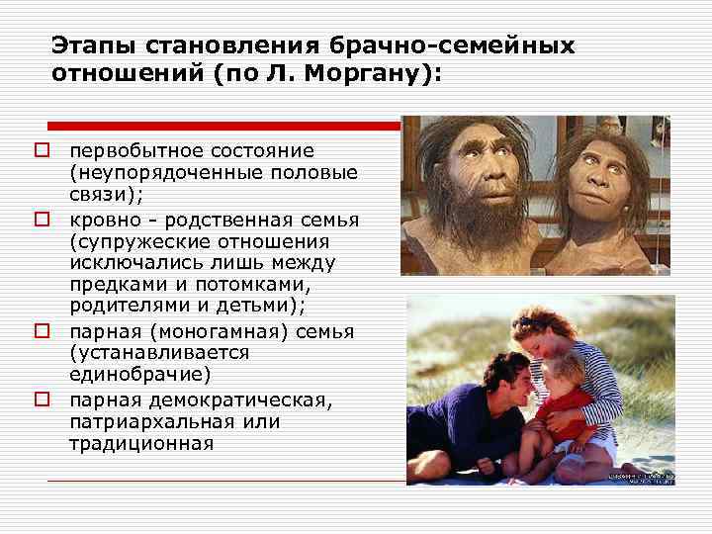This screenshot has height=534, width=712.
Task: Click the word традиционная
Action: tap(140, 443)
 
